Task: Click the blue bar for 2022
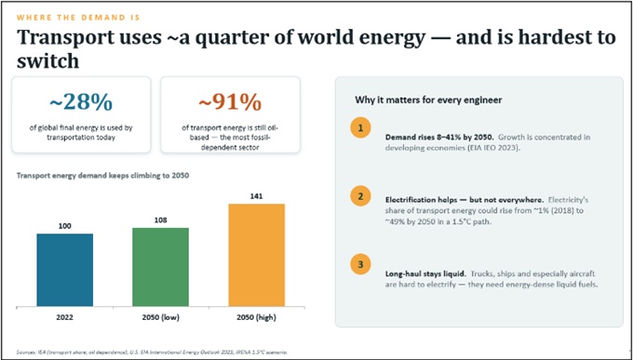[x=64, y=270]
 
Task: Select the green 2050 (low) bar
[x=160, y=267]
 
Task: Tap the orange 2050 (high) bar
[x=256, y=255]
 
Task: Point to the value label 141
[x=256, y=196]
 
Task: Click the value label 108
[x=160, y=220]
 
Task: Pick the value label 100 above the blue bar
[x=64, y=226]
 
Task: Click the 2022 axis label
[x=64, y=317]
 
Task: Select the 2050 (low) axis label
[x=160, y=317]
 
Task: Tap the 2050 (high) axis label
[x=256, y=317]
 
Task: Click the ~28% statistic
[x=81, y=103]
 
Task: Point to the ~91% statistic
[x=230, y=103]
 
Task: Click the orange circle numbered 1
[x=360, y=128]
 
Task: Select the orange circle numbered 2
[x=360, y=196]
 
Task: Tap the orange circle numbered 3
[x=360, y=265]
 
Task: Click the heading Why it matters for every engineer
[x=428, y=100]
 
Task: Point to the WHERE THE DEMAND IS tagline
[x=78, y=18]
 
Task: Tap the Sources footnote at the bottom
[x=152, y=352]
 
